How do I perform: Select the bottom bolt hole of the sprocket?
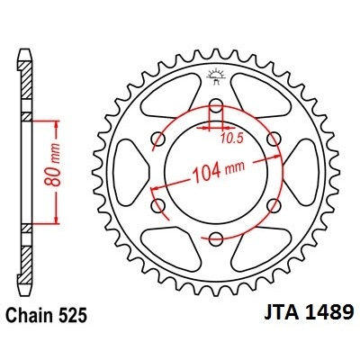tap(216, 238)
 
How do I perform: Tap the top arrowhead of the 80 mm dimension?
tap(58, 120)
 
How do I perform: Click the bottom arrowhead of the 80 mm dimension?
tap(58, 221)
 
